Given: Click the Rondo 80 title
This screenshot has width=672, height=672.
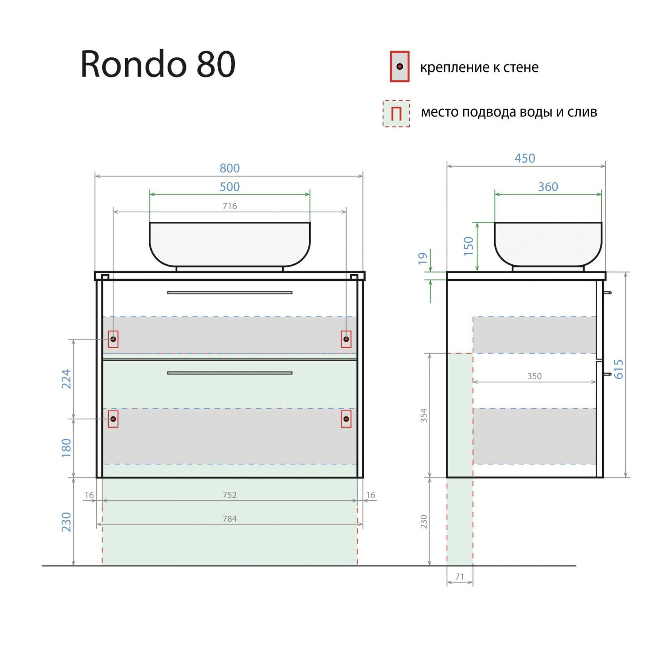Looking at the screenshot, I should pyautogui.click(x=158, y=64).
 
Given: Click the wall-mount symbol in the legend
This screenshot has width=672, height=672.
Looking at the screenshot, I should pyautogui.click(x=399, y=67).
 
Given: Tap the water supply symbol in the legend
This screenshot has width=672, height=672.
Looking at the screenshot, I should pyautogui.click(x=396, y=113).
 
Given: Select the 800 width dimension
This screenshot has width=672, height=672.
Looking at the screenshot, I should pyautogui.click(x=229, y=168).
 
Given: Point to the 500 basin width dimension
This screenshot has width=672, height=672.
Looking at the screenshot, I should pyautogui.click(x=229, y=187).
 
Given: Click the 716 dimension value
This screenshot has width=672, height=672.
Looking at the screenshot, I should pyautogui.click(x=229, y=206).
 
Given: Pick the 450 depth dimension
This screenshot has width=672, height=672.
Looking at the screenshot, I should pyautogui.click(x=525, y=158).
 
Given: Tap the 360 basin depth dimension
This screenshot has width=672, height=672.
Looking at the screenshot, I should pyautogui.click(x=548, y=187).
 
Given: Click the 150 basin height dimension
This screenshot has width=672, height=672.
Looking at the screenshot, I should pyautogui.click(x=469, y=246).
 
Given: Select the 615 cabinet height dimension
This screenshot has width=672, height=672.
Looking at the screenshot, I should pyautogui.click(x=619, y=369).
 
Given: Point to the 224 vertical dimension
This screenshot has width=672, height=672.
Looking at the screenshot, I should pyautogui.click(x=66, y=379).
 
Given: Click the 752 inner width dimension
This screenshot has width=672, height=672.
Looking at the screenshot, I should pyautogui.click(x=229, y=495).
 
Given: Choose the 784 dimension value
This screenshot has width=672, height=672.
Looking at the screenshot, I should pyautogui.click(x=229, y=519).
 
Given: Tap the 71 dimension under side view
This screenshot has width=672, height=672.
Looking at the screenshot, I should pyautogui.click(x=460, y=577).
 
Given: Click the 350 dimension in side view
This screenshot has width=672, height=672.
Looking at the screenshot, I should pyautogui.click(x=534, y=376).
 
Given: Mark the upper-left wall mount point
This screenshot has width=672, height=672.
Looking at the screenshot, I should pyautogui.click(x=113, y=339).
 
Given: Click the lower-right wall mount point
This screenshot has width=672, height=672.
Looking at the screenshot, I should pyautogui.click(x=346, y=419).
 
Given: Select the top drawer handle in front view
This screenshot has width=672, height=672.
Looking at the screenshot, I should pyautogui.click(x=229, y=293).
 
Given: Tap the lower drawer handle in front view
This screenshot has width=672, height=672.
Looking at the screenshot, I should pyautogui.click(x=229, y=373).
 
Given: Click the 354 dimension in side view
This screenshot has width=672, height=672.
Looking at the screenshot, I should pyautogui.click(x=424, y=415).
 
